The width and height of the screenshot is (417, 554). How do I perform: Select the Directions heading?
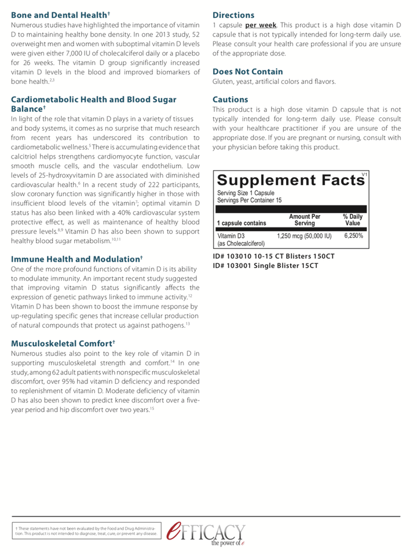point(233,15)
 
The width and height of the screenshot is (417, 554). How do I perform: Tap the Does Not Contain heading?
point(247,72)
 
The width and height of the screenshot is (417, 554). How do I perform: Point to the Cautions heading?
point(230,100)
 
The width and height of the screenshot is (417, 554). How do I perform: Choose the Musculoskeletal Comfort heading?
point(63,343)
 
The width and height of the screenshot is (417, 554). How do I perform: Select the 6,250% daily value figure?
point(353,236)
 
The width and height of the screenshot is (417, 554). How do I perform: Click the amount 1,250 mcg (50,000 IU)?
point(304,236)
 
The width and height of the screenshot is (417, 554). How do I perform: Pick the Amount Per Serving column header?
point(304,219)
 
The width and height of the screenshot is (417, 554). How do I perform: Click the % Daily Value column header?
point(352,219)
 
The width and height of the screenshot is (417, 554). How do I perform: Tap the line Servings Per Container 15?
point(250,200)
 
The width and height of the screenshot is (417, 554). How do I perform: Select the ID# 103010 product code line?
point(273,256)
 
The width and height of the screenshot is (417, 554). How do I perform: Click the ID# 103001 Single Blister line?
point(266,266)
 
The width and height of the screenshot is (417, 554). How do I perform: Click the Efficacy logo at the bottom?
point(205,533)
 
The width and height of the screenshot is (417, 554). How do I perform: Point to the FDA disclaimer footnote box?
point(86,531)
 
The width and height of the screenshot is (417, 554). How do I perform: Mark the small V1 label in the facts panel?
point(364,174)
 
